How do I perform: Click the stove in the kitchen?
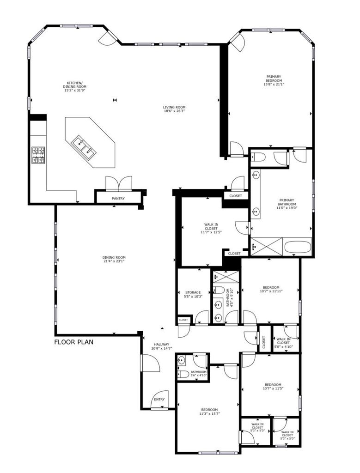(39, 155)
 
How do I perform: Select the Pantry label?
(118, 199)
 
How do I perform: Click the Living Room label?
(174, 109)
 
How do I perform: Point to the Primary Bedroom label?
(274, 80)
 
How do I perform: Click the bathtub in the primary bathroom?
(298, 247)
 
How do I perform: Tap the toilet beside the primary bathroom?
(258, 157)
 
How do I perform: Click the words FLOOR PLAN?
(73, 342)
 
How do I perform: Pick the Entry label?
(159, 400)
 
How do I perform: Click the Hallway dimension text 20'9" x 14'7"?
(162, 348)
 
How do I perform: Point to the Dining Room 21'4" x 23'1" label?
(114, 260)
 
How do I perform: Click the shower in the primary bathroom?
(267, 247)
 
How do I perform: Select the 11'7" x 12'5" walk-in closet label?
(211, 228)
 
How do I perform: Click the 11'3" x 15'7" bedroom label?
(209, 412)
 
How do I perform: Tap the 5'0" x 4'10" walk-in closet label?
(283, 343)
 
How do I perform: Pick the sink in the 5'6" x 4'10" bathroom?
(181, 360)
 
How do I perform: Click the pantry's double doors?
(119, 184)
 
